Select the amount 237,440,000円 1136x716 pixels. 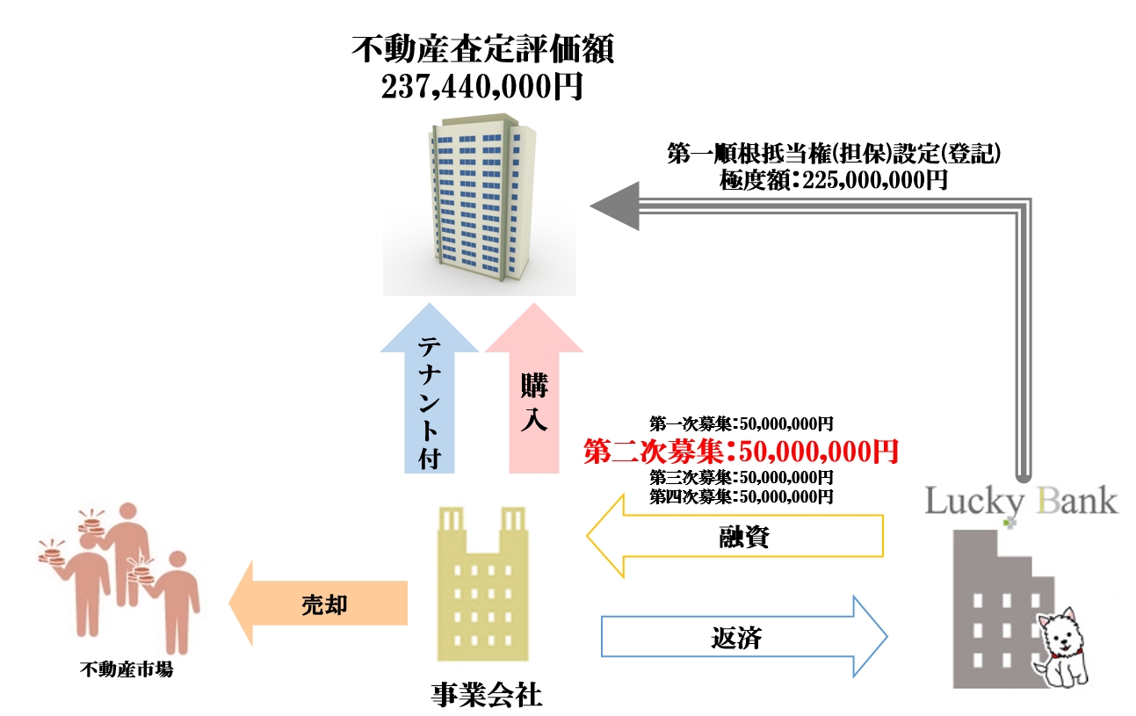[481, 87]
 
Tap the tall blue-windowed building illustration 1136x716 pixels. [479, 206]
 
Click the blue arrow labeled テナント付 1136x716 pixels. [429, 395]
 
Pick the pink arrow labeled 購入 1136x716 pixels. [534, 395]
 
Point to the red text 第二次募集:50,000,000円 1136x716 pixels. [741, 452]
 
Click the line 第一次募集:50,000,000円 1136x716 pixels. [741, 423]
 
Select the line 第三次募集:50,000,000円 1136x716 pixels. [741, 478]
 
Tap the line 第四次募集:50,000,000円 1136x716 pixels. [741, 497]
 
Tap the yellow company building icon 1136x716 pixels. [483, 584]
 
